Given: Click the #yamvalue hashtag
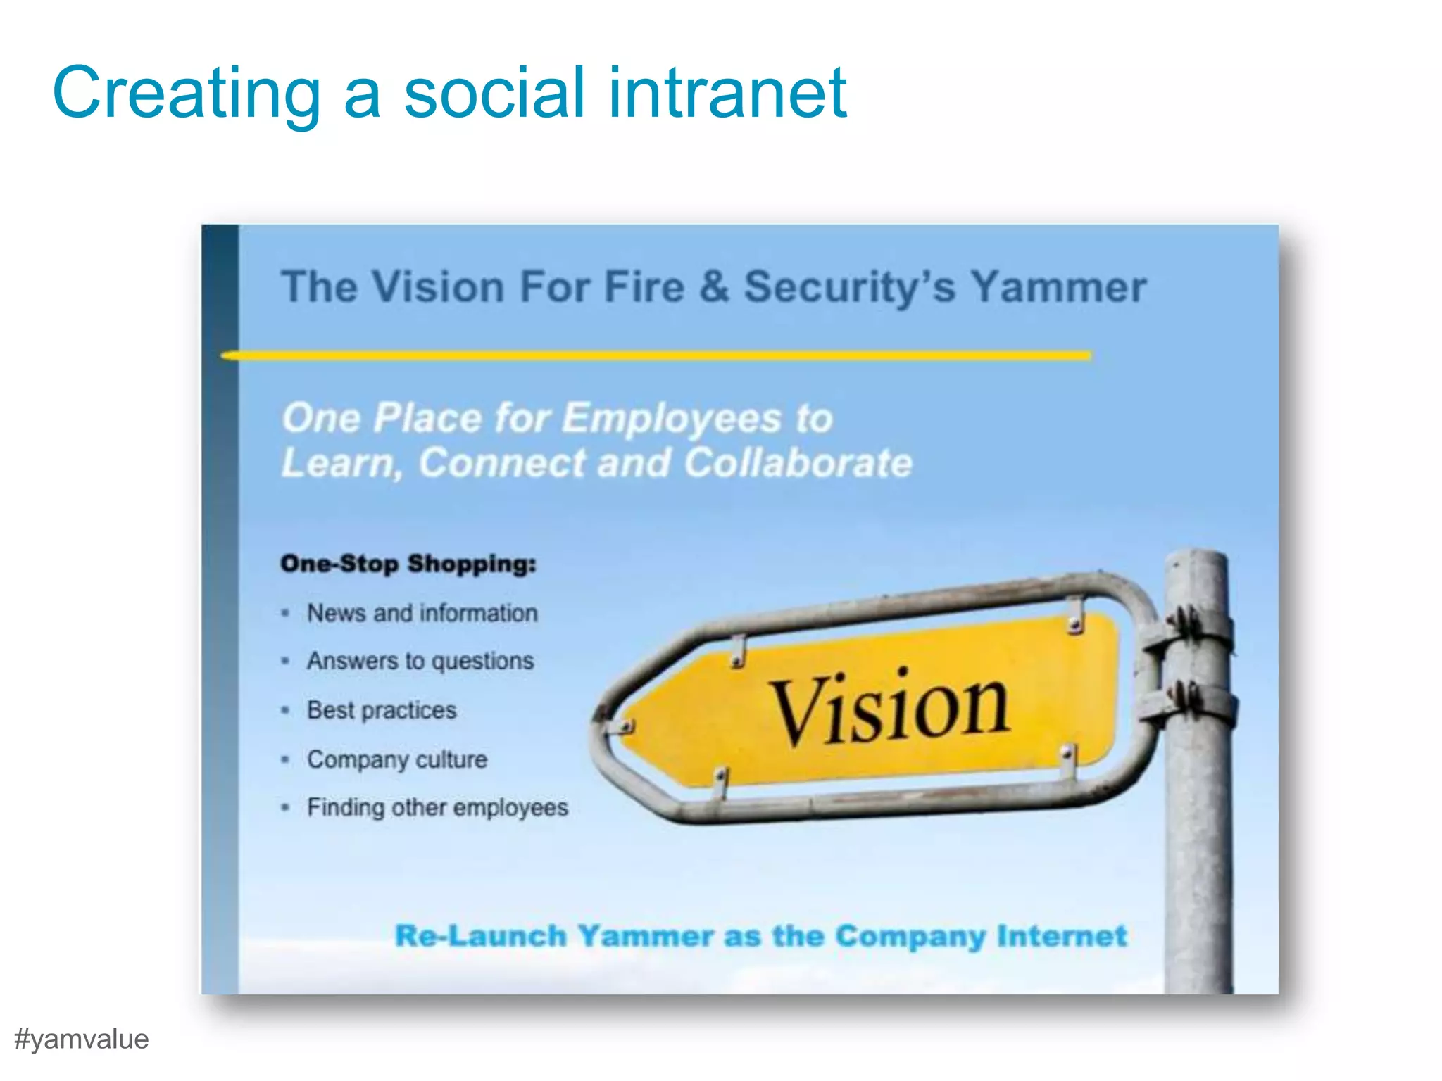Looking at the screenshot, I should click(x=82, y=1039).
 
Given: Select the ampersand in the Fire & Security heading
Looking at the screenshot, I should click(x=714, y=287).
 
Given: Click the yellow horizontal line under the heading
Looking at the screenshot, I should click(x=655, y=356).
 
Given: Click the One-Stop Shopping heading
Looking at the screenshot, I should click(x=408, y=564).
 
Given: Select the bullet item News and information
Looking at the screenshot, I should click(x=422, y=614).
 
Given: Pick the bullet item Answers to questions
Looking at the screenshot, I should click(x=420, y=662).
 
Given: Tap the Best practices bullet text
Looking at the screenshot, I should click(x=382, y=711).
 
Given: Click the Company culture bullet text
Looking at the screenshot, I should click(x=397, y=760).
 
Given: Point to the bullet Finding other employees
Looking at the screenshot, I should click(x=437, y=808).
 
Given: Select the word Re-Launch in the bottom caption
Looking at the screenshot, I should click(x=481, y=937).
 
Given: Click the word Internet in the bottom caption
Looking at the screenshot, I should click(x=1062, y=937).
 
